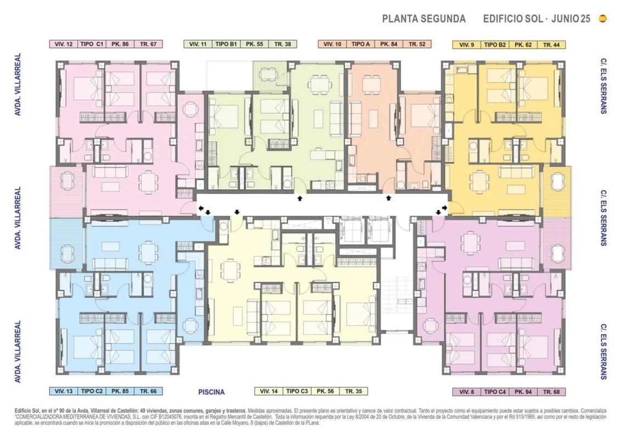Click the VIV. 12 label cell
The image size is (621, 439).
(x=64, y=44)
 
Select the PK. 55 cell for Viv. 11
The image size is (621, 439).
(x=254, y=44)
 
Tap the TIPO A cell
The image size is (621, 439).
(x=360, y=44)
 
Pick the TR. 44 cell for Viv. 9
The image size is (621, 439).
(x=551, y=45)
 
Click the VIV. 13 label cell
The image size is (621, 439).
(x=64, y=391)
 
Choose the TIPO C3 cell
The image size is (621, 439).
(x=297, y=391)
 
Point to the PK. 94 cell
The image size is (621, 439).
(x=523, y=392)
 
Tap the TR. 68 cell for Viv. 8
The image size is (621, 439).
(x=551, y=392)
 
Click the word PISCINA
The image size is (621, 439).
(x=212, y=392)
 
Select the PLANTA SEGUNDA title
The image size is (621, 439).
(x=424, y=19)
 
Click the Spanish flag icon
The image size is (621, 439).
(x=603, y=19)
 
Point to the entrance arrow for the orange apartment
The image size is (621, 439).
(x=388, y=198)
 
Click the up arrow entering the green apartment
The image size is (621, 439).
(x=300, y=198)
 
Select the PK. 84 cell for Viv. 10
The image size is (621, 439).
(x=388, y=44)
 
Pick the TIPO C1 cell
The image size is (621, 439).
(x=92, y=44)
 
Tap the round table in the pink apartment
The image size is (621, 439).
(x=191, y=108)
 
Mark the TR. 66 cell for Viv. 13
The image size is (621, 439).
(x=148, y=391)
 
